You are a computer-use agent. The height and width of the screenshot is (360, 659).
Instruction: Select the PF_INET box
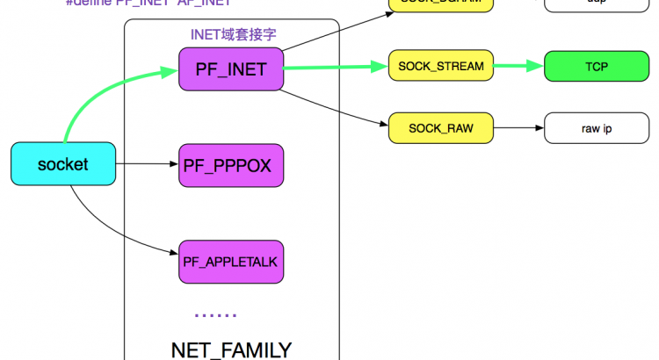(231, 68)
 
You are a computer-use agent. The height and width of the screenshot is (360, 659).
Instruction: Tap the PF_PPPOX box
(231, 164)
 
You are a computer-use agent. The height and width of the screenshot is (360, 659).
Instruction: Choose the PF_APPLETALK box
(231, 261)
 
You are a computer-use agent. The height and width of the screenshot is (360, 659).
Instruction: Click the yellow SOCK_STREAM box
(440, 66)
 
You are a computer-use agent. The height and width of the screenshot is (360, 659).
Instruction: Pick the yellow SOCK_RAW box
(440, 128)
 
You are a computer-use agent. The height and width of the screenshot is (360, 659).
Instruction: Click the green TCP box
(596, 66)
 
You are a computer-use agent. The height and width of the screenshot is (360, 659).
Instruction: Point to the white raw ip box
(596, 128)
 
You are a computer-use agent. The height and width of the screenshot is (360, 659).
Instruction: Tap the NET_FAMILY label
(230, 349)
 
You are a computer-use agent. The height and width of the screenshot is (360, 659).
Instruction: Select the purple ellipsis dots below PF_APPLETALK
(215, 314)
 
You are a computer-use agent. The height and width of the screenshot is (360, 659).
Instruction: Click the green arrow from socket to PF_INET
(97, 97)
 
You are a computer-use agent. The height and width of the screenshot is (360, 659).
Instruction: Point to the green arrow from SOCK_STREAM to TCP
(519, 66)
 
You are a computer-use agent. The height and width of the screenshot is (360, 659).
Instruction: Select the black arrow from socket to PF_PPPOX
(146, 164)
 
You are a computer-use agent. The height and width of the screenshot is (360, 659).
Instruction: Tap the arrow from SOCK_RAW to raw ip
(519, 128)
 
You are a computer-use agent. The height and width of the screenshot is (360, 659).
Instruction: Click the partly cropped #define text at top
(148, 4)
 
